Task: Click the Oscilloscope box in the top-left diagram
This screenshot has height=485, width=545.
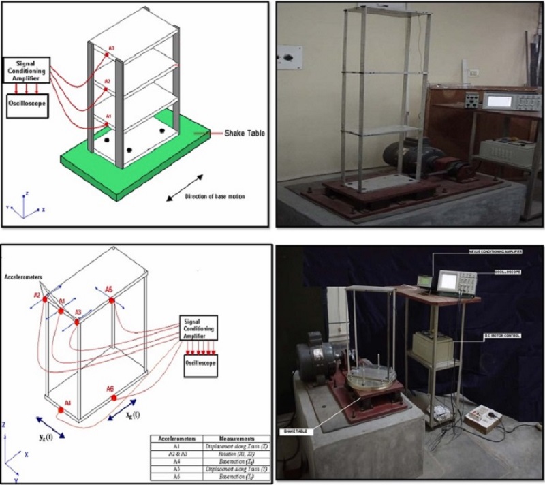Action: [x=27, y=106]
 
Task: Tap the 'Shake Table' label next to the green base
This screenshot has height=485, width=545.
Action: [x=245, y=134]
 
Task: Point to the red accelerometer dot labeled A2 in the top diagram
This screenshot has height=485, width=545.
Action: [x=107, y=86]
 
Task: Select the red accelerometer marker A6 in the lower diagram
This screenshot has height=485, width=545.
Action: [x=112, y=397]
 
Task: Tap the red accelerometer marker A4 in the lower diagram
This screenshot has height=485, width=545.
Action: [x=66, y=410]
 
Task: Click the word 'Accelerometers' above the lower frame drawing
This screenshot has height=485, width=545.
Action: [x=27, y=279]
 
